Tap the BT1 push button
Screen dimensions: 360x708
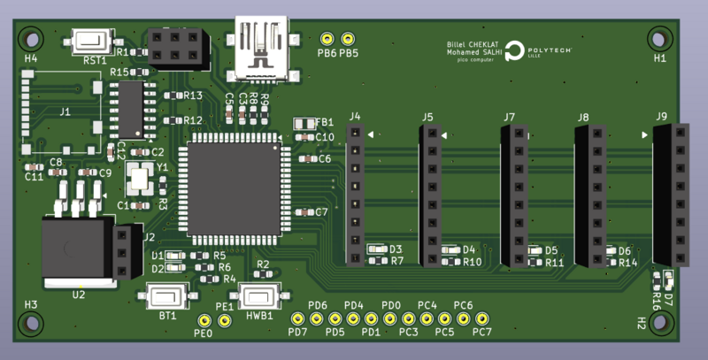(x=167, y=295)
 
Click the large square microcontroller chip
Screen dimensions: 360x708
(x=234, y=188)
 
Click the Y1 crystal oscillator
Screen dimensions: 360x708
(x=139, y=179)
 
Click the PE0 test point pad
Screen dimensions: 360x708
(x=204, y=320)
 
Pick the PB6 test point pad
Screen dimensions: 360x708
(x=327, y=40)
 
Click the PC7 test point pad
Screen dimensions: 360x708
(x=482, y=318)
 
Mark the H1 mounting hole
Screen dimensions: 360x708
(x=660, y=38)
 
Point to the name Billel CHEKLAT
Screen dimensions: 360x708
(x=474, y=43)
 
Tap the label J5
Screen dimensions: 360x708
(x=427, y=117)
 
